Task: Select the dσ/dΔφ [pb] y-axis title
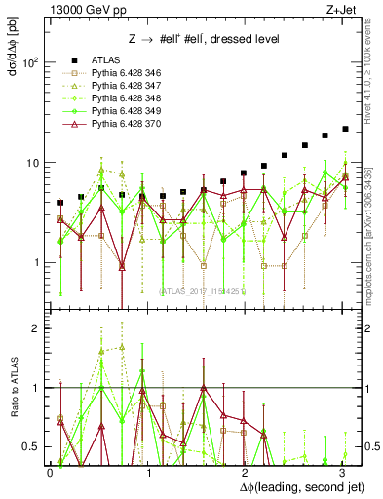pos(12,56)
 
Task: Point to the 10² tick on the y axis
pos(31,62)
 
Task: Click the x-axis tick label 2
pos(244,471)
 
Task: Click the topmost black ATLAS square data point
pos(345,129)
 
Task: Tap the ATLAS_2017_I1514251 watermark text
pos(202,289)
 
